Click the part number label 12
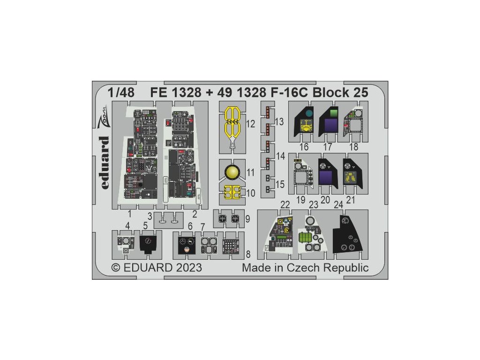(250, 124)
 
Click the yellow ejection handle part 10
(230, 193)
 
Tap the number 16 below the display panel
(305, 147)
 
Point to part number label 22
(285, 205)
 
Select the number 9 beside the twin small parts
(247, 218)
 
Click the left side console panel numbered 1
(138, 159)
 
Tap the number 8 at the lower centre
(247, 255)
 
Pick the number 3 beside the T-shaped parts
(150, 217)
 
